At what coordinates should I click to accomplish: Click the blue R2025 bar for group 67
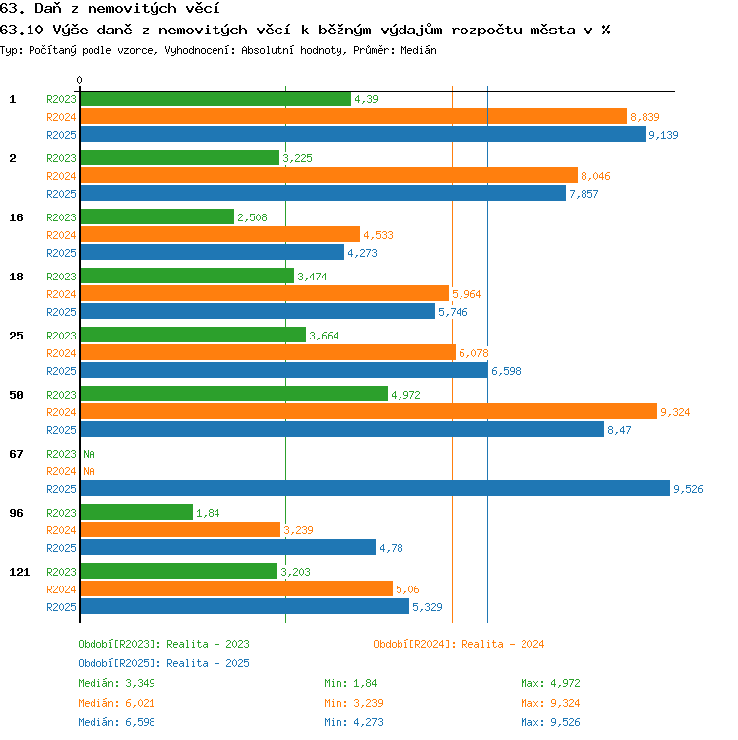click(x=375, y=488)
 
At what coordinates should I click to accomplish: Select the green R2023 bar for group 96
click(x=137, y=512)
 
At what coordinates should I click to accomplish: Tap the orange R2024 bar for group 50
click(x=369, y=411)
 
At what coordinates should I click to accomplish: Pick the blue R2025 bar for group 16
click(x=213, y=252)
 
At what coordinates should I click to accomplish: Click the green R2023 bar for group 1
click(x=215, y=98)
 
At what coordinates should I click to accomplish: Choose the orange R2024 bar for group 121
click(x=236, y=588)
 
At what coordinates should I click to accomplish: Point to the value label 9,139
click(x=663, y=135)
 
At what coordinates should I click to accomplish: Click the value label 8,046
click(x=595, y=176)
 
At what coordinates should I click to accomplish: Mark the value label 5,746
click(x=453, y=312)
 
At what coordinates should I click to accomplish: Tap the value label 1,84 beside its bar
click(x=208, y=513)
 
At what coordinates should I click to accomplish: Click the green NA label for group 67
click(x=89, y=454)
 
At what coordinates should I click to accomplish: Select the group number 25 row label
click(x=16, y=336)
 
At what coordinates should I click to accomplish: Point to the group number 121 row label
click(x=20, y=572)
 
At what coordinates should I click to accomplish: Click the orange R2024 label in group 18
click(x=61, y=294)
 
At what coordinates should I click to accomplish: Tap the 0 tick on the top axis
click(x=80, y=80)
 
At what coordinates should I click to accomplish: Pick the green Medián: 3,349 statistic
click(x=116, y=683)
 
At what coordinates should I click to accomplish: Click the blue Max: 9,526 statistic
click(x=550, y=722)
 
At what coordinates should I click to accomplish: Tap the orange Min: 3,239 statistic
click(x=353, y=703)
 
